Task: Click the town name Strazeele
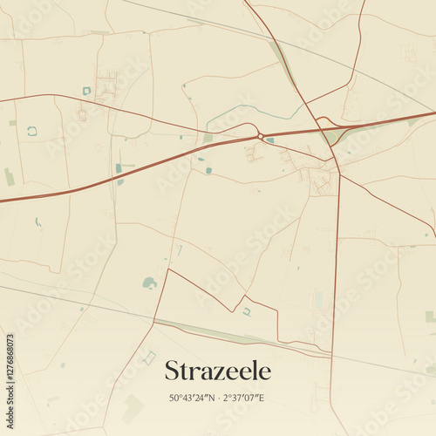[x=217, y=371]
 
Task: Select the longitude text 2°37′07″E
[x=244, y=399]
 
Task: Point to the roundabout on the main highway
[x=260, y=136]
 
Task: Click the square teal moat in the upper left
[x=86, y=91]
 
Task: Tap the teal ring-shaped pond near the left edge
[x=32, y=131]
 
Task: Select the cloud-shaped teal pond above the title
[x=149, y=283]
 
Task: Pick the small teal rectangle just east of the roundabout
[x=270, y=140]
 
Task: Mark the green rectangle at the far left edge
[x=9, y=177]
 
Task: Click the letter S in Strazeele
[x=173, y=371]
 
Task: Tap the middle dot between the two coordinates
[x=219, y=399]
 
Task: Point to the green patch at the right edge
[x=429, y=317]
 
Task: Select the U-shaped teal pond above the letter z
[x=247, y=311]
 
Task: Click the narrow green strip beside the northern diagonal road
[x=281, y=61]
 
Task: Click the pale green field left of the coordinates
[x=133, y=406]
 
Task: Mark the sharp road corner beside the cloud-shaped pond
[x=167, y=270]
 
